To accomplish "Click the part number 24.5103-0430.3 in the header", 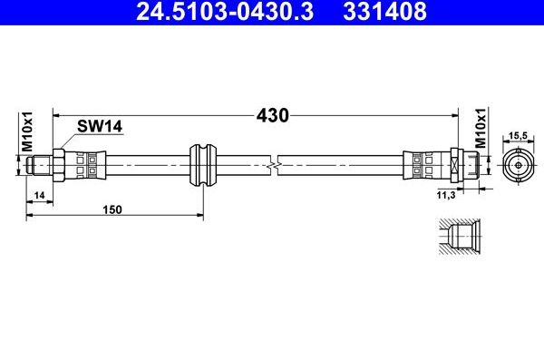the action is point(225,12).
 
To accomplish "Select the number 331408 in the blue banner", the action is point(384,12).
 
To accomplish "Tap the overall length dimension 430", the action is point(272,115).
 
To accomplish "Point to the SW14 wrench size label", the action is point(100,126).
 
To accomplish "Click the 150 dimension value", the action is point(112,209).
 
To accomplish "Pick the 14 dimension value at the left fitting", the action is point(40,196).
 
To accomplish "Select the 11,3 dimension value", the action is point(446,196).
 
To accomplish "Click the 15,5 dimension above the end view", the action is point(518,136).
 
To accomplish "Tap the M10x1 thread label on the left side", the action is point(28,131).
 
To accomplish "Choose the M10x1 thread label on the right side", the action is point(481,128).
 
